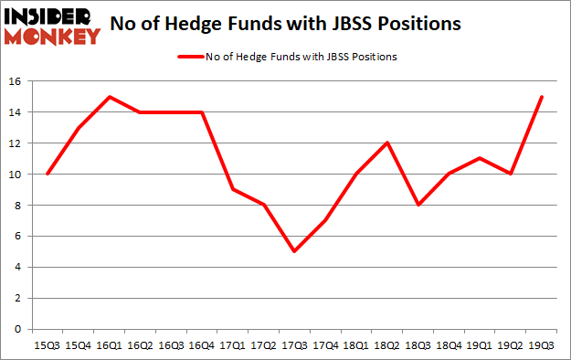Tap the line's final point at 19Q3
[x=541, y=97]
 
